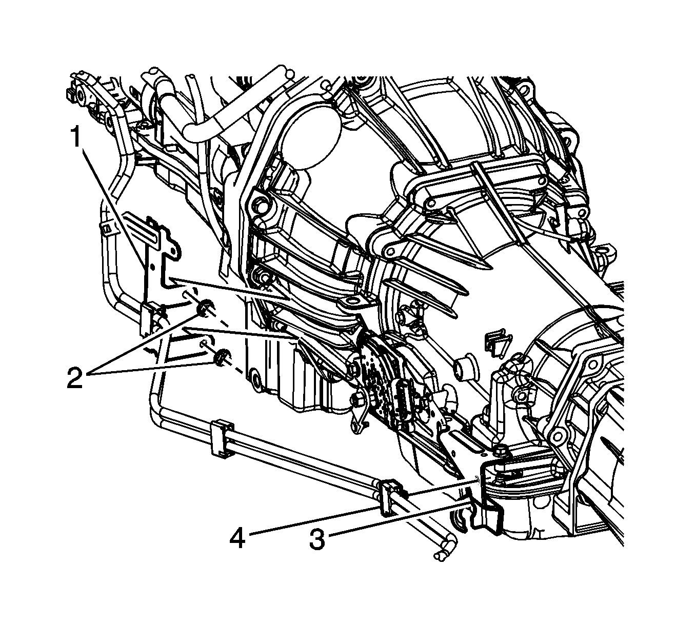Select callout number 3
(317, 540)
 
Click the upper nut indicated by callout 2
(205, 306)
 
